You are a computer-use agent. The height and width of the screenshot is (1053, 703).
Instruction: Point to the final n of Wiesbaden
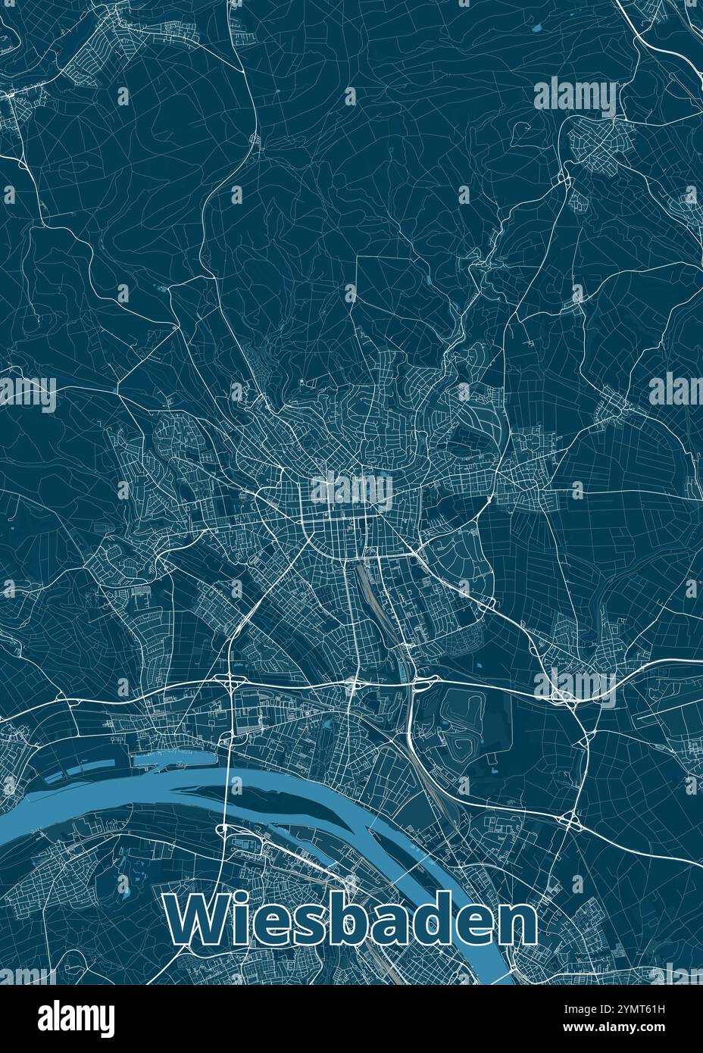pyautogui.click(x=517, y=923)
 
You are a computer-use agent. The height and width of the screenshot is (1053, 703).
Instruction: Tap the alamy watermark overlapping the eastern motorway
pyautogui.click(x=575, y=686)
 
